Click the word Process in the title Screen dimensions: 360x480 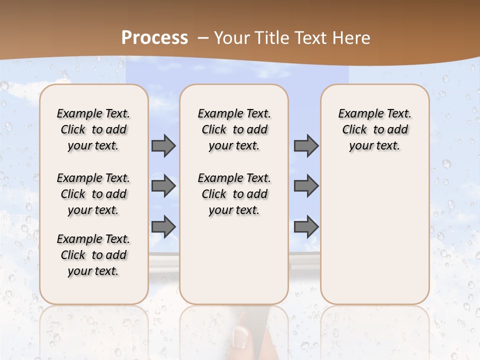[x=154, y=37]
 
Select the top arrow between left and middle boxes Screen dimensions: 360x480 [x=163, y=146]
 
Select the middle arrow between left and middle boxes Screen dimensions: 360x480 [x=163, y=186]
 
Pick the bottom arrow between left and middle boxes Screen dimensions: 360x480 [x=163, y=226]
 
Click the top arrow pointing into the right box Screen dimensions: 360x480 [x=306, y=146]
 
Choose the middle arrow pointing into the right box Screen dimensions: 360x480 [x=306, y=186]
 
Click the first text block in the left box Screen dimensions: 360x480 [x=93, y=129]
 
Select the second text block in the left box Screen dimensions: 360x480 [x=93, y=194]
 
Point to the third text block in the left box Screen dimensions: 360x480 [x=93, y=255]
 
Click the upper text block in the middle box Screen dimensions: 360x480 [x=234, y=129]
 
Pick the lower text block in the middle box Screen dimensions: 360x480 [x=234, y=194]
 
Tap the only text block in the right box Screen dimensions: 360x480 [x=374, y=129]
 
